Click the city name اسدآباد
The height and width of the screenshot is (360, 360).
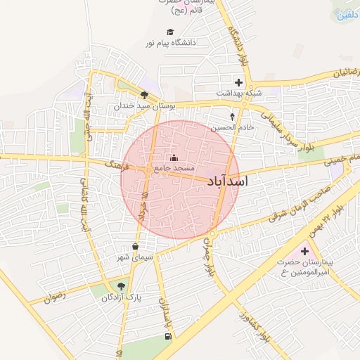point(229,181)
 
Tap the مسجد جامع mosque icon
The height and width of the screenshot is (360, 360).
point(174,157)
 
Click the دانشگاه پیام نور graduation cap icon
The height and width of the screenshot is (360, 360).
point(169,32)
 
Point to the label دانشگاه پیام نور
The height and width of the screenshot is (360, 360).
point(170,43)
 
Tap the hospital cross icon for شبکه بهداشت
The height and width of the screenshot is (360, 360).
point(238,83)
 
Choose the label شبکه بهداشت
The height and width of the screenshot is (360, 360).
point(238,94)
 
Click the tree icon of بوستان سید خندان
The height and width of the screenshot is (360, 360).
point(144,95)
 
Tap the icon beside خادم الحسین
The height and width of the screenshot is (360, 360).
point(233,116)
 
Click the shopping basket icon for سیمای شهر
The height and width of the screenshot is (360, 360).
point(135,247)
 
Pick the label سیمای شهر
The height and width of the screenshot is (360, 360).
point(135,258)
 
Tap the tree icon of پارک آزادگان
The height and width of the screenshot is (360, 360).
point(121,286)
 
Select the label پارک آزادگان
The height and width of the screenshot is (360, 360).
point(121,297)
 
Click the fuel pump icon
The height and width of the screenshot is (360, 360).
point(167,337)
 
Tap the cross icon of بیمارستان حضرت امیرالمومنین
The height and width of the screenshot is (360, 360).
point(304,251)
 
